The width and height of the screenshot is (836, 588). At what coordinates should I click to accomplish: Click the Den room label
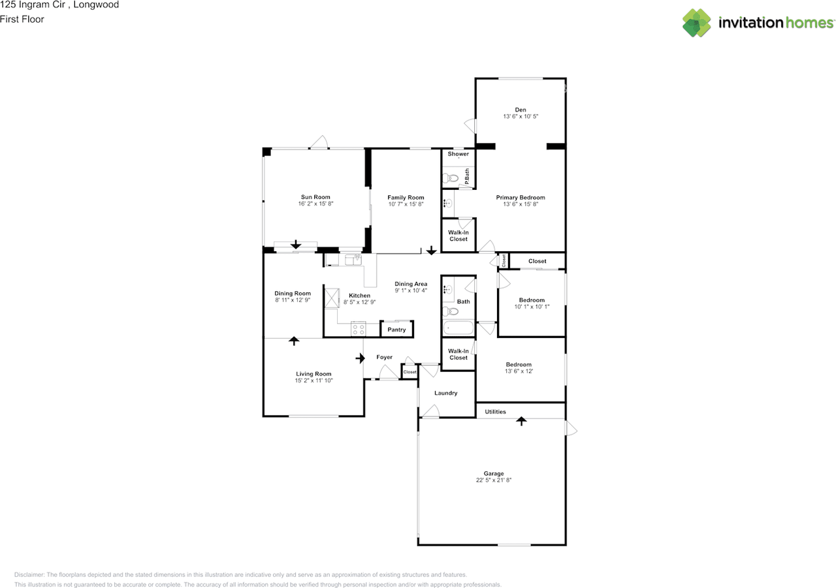click(x=521, y=110)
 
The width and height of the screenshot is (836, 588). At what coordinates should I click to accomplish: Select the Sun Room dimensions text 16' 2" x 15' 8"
click(x=315, y=204)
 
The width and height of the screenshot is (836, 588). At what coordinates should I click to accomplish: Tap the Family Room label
click(x=406, y=197)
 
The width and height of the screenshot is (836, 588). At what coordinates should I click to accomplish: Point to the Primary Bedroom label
click(x=521, y=197)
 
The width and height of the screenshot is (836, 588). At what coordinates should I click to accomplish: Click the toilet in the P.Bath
click(x=451, y=178)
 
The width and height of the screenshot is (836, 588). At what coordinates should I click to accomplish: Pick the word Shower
click(x=458, y=153)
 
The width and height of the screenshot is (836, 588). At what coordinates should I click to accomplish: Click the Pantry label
click(x=396, y=330)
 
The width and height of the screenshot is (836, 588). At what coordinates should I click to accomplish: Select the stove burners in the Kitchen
click(x=359, y=329)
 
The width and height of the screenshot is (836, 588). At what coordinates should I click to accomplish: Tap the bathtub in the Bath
click(x=458, y=328)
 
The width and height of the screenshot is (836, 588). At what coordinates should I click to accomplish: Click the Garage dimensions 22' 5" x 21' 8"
click(x=493, y=480)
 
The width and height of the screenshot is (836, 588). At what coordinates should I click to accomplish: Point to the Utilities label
click(x=495, y=412)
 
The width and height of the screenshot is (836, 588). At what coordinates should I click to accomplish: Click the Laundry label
click(x=445, y=393)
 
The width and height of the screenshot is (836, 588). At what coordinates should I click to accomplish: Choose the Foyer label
click(x=384, y=357)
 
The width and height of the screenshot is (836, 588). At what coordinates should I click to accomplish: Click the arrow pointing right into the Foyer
click(x=360, y=358)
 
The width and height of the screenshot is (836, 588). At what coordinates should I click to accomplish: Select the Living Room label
click(x=313, y=373)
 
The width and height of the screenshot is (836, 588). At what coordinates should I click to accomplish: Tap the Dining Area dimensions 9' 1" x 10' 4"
click(x=411, y=290)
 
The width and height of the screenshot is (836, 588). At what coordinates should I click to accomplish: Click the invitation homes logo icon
click(x=696, y=23)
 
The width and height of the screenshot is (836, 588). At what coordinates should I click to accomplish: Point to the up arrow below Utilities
click(x=521, y=422)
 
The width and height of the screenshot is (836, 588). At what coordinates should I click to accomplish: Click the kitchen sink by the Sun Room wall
click(x=353, y=260)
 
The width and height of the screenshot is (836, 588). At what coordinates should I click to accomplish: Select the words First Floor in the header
click(x=22, y=20)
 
